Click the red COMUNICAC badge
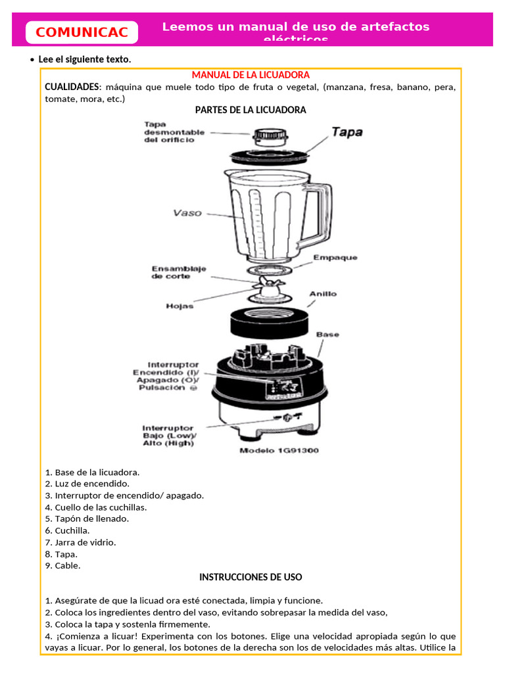coord(82,32)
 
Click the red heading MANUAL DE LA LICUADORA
coord(251,76)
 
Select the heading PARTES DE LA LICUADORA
coord(251,110)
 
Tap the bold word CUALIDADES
coord(72,87)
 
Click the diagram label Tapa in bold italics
coord(347,131)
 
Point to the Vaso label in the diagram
coord(187,213)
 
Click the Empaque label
coord(335,258)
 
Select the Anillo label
coord(323,294)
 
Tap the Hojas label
coord(180,306)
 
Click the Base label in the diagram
coord(327,335)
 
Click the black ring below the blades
coord(270,321)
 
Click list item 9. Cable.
coord(63,565)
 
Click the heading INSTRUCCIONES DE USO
coord(251,577)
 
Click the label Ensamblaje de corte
coord(179,272)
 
